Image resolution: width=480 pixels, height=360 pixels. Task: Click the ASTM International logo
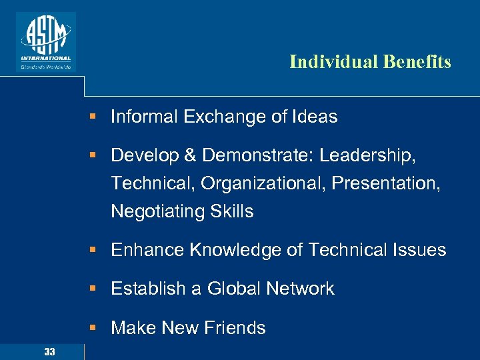(x=46, y=41)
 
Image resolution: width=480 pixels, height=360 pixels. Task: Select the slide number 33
(x=49, y=351)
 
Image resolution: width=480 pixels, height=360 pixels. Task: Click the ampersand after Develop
(x=190, y=155)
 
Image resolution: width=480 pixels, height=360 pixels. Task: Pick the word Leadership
(x=367, y=155)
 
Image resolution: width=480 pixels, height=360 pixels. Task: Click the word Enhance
(x=147, y=250)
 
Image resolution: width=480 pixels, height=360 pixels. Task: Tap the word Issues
(x=419, y=250)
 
